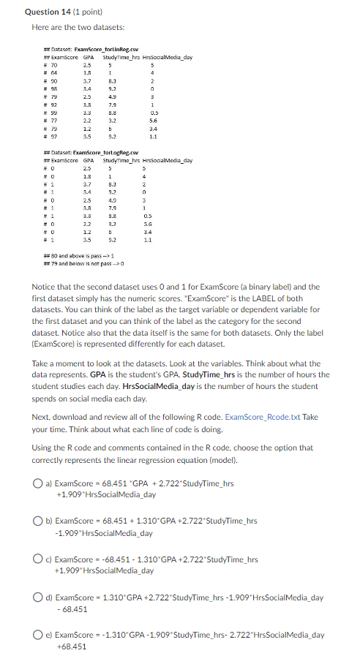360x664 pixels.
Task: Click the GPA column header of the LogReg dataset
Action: [x=88, y=159]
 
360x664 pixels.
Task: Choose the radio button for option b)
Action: [x=37, y=521]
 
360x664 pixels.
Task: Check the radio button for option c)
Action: [x=37, y=559]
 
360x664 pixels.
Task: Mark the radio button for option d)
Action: [x=37, y=597]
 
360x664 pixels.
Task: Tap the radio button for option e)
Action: [x=37, y=635]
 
